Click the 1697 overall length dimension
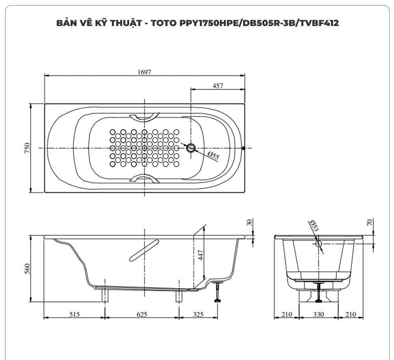[144, 72]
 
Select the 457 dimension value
[217, 86]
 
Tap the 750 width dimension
[27, 148]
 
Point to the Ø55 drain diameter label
[213, 156]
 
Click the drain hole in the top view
[191, 148]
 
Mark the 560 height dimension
[27, 269]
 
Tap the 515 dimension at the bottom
[74, 314]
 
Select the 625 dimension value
[142, 314]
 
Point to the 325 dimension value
[198, 314]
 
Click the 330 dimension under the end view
[318, 314]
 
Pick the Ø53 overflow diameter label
[314, 226]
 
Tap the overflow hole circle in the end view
[319, 244]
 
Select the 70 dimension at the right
[369, 222]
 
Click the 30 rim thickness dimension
[249, 222]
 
